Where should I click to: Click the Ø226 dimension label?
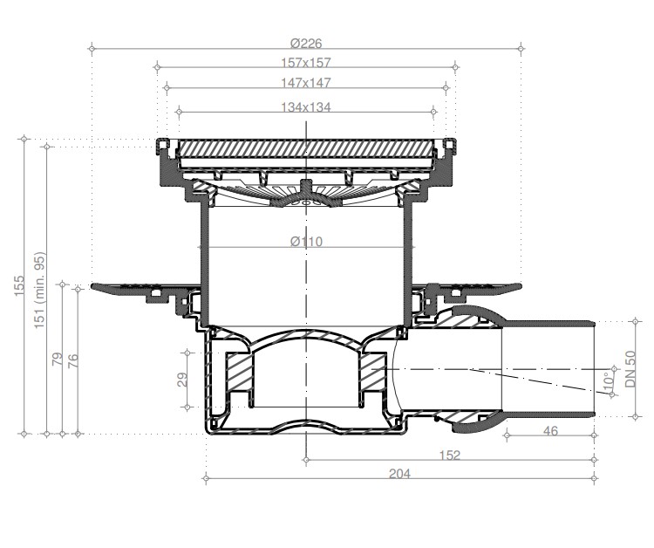pos(307,43)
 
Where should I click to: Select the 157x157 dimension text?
pos(306,63)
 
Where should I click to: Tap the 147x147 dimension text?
pos(306,83)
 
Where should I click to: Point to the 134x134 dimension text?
pos(306,107)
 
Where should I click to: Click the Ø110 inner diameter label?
pos(307,241)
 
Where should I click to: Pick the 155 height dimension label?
pos(19,286)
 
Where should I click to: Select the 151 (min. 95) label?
pos(39,290)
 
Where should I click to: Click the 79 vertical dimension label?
pos(58,359)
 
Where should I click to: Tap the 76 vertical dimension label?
pos(72,359)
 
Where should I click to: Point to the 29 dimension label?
pos(182,380)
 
